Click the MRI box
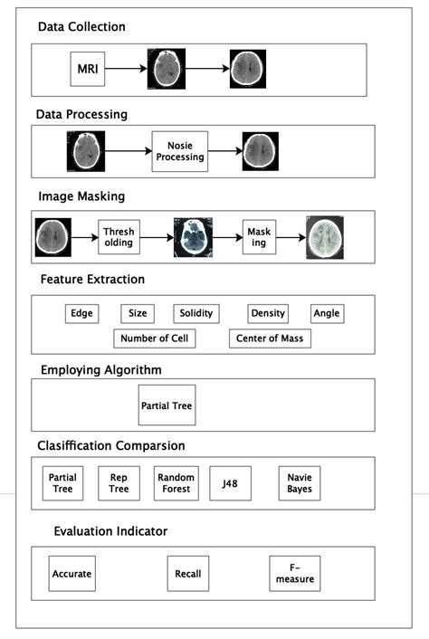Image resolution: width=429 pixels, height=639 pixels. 87,68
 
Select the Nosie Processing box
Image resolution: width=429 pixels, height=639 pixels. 179,151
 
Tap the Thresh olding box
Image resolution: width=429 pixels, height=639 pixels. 118,236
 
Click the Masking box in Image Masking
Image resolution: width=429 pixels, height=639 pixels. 259,237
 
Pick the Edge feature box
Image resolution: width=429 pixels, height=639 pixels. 82,313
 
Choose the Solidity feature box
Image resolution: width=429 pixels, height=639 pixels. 195,313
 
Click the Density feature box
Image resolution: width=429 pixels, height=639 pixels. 268,313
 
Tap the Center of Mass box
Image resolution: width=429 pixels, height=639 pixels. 270,339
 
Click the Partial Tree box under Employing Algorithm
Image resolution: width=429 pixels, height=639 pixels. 167,405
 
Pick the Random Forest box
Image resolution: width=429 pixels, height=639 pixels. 176,482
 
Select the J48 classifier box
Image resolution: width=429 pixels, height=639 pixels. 230,482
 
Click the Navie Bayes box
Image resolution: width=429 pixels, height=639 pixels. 300,482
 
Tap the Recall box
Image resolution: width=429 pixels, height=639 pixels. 188,574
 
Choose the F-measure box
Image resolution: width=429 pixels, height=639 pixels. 295,574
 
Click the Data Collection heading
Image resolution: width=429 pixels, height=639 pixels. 81,27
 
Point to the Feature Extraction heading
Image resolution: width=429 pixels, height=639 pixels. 91,279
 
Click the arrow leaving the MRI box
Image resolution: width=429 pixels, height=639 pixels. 126,68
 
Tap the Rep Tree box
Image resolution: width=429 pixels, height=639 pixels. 119,482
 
